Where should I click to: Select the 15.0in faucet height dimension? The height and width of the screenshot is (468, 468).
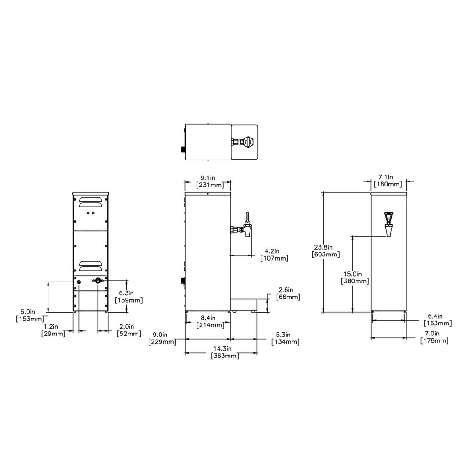(355, 277)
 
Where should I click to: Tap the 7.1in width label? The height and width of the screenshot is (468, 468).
(388, 181)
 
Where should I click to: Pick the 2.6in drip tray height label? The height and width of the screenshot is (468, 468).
(288, 293)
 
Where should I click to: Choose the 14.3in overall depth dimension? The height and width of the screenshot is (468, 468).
(224, 352)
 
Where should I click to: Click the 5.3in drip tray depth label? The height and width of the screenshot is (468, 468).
(285, 338)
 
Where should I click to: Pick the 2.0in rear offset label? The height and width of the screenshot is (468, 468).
(128, 330)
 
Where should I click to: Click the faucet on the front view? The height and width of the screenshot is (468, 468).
(388, 223)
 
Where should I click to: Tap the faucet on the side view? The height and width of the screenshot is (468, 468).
(242, 227)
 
